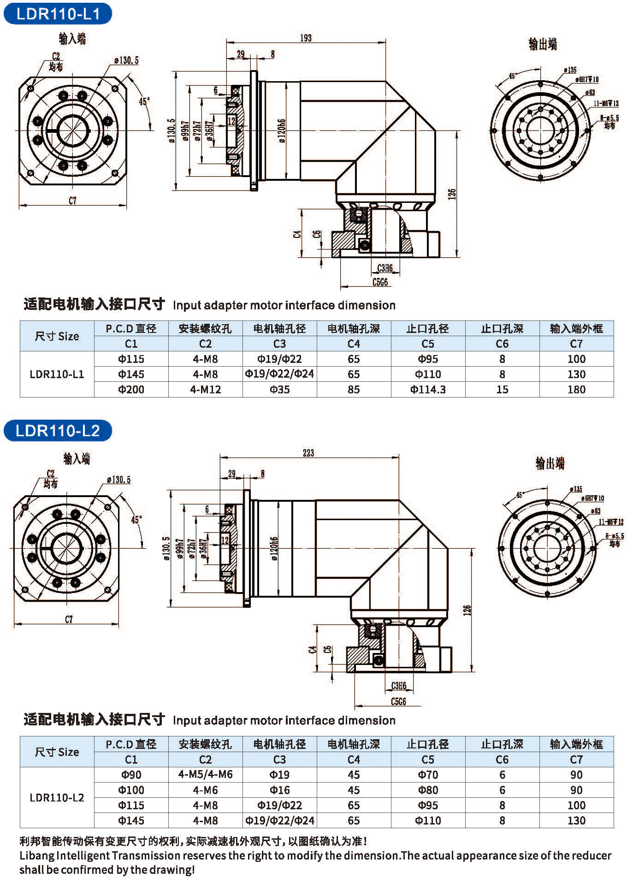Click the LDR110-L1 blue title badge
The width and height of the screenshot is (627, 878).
point(58,13)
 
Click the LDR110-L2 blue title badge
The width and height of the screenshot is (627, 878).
point(58,430)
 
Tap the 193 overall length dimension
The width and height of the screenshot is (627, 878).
point(306,38)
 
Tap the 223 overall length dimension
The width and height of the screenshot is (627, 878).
point(308,453)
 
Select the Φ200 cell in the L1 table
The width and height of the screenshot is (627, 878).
point(131,389)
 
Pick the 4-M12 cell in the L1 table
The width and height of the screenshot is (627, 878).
point(205,389)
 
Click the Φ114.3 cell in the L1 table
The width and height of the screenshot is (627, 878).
point(428,389)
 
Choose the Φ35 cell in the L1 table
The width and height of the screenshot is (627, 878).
point(279,389)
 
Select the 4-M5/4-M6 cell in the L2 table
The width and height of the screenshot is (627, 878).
point(205,774)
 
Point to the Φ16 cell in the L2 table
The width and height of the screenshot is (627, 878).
point(279,789)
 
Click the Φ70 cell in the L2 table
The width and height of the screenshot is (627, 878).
point(428,774)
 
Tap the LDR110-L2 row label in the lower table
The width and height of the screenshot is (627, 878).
point(57,797)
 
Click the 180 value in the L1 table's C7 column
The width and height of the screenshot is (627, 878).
point(576,389)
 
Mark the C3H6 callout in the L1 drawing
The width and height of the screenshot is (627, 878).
point(385,268)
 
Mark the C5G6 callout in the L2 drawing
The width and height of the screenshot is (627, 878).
point(398,701)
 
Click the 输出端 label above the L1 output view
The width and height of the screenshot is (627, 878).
point(543,44)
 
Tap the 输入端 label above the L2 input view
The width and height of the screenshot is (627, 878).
point(77,458)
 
